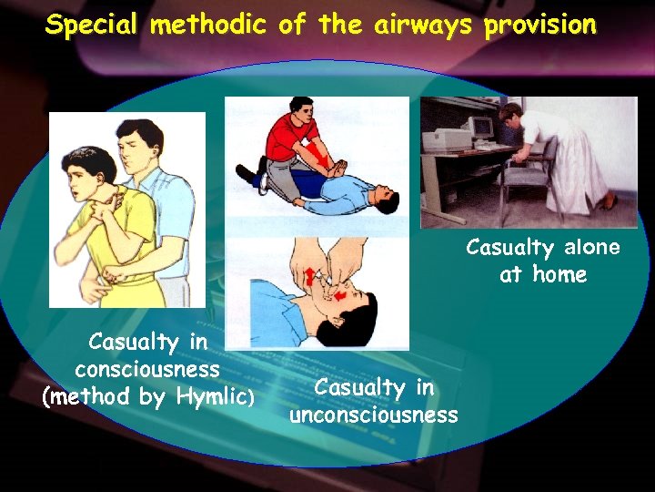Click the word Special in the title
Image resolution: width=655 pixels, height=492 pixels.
click(x=93, y=26)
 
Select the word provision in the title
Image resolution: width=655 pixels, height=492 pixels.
click(x=540, y=26)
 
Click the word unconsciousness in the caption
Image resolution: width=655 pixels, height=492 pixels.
click(x=374, y=415)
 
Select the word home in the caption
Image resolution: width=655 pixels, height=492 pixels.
click(x=560, y=274)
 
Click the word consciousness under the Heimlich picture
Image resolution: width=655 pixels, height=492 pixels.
click(x=147, y=370)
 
